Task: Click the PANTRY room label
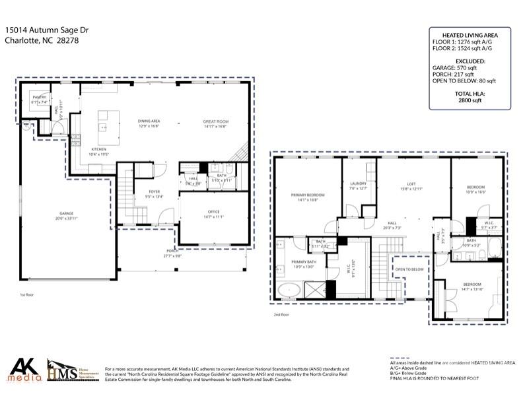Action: tap(39, 97)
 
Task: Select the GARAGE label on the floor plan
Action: tap(66, 214)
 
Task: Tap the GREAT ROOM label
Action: tap(215, 121)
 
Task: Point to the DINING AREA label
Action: tap(149, 121)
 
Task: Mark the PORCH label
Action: tap(172, 251)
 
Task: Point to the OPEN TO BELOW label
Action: tap(409, 269)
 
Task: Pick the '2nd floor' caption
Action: tap(282, 315)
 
